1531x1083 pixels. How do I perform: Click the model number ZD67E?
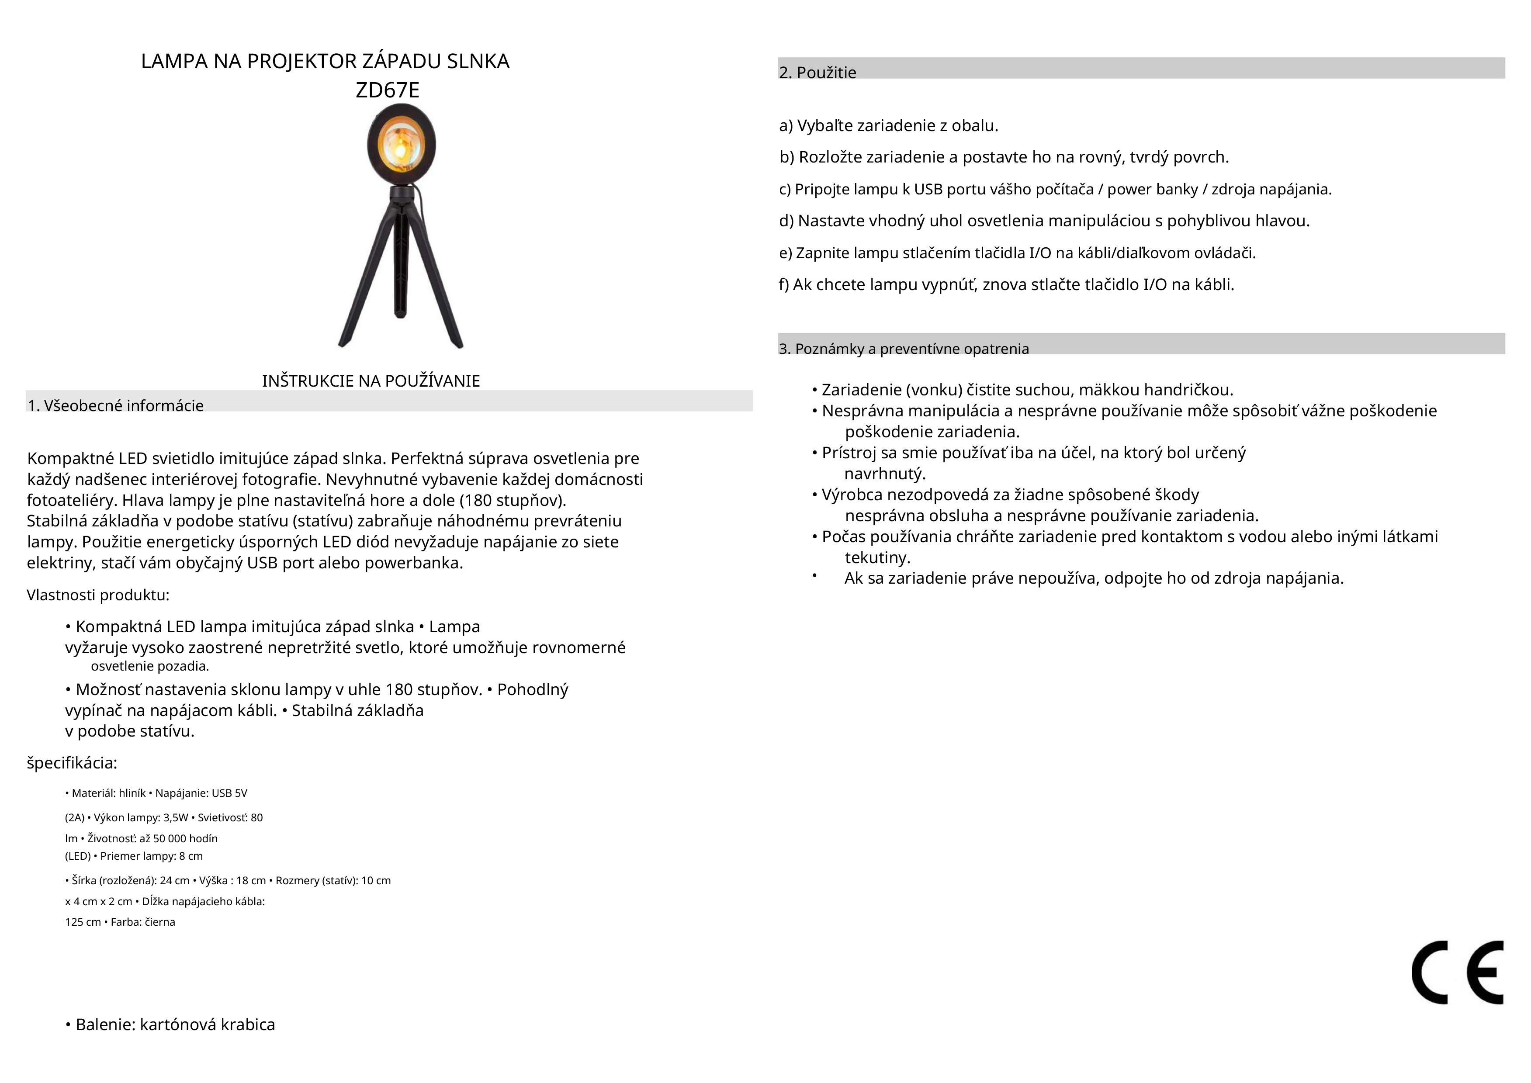388,90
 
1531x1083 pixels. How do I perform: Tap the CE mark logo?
1457,973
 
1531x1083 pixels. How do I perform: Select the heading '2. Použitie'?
817,73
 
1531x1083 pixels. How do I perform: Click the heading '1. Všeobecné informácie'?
115,405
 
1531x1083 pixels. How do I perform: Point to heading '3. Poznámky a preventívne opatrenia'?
904,349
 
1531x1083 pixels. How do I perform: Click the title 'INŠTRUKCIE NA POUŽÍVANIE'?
371,381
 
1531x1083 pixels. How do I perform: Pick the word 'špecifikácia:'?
72,763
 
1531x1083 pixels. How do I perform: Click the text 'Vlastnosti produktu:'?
98,595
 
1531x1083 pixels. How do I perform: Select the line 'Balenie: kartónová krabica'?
175,1024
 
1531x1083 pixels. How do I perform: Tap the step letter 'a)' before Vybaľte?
786,125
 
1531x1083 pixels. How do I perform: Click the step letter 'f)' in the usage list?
784,285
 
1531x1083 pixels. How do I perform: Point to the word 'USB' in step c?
928,190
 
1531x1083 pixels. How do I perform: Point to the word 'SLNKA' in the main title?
478,61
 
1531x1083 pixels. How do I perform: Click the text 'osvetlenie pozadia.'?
150,666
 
